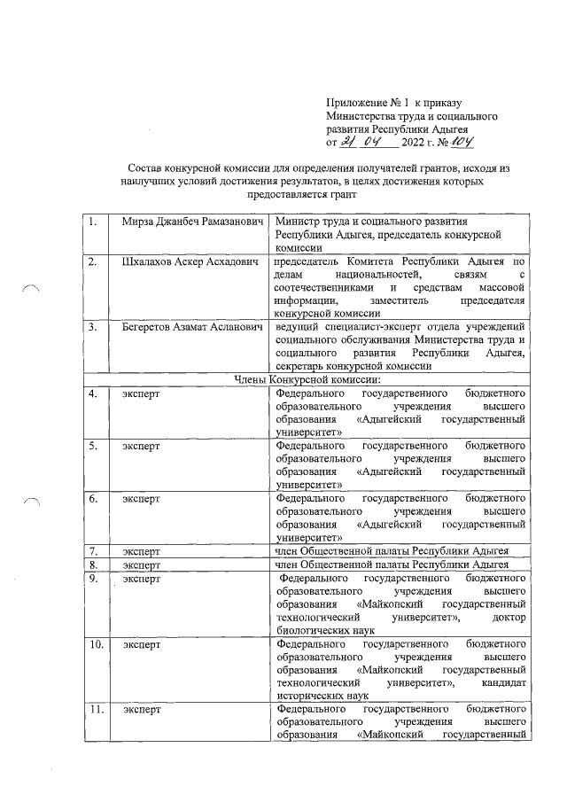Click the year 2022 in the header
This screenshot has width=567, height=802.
click(414, 143)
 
